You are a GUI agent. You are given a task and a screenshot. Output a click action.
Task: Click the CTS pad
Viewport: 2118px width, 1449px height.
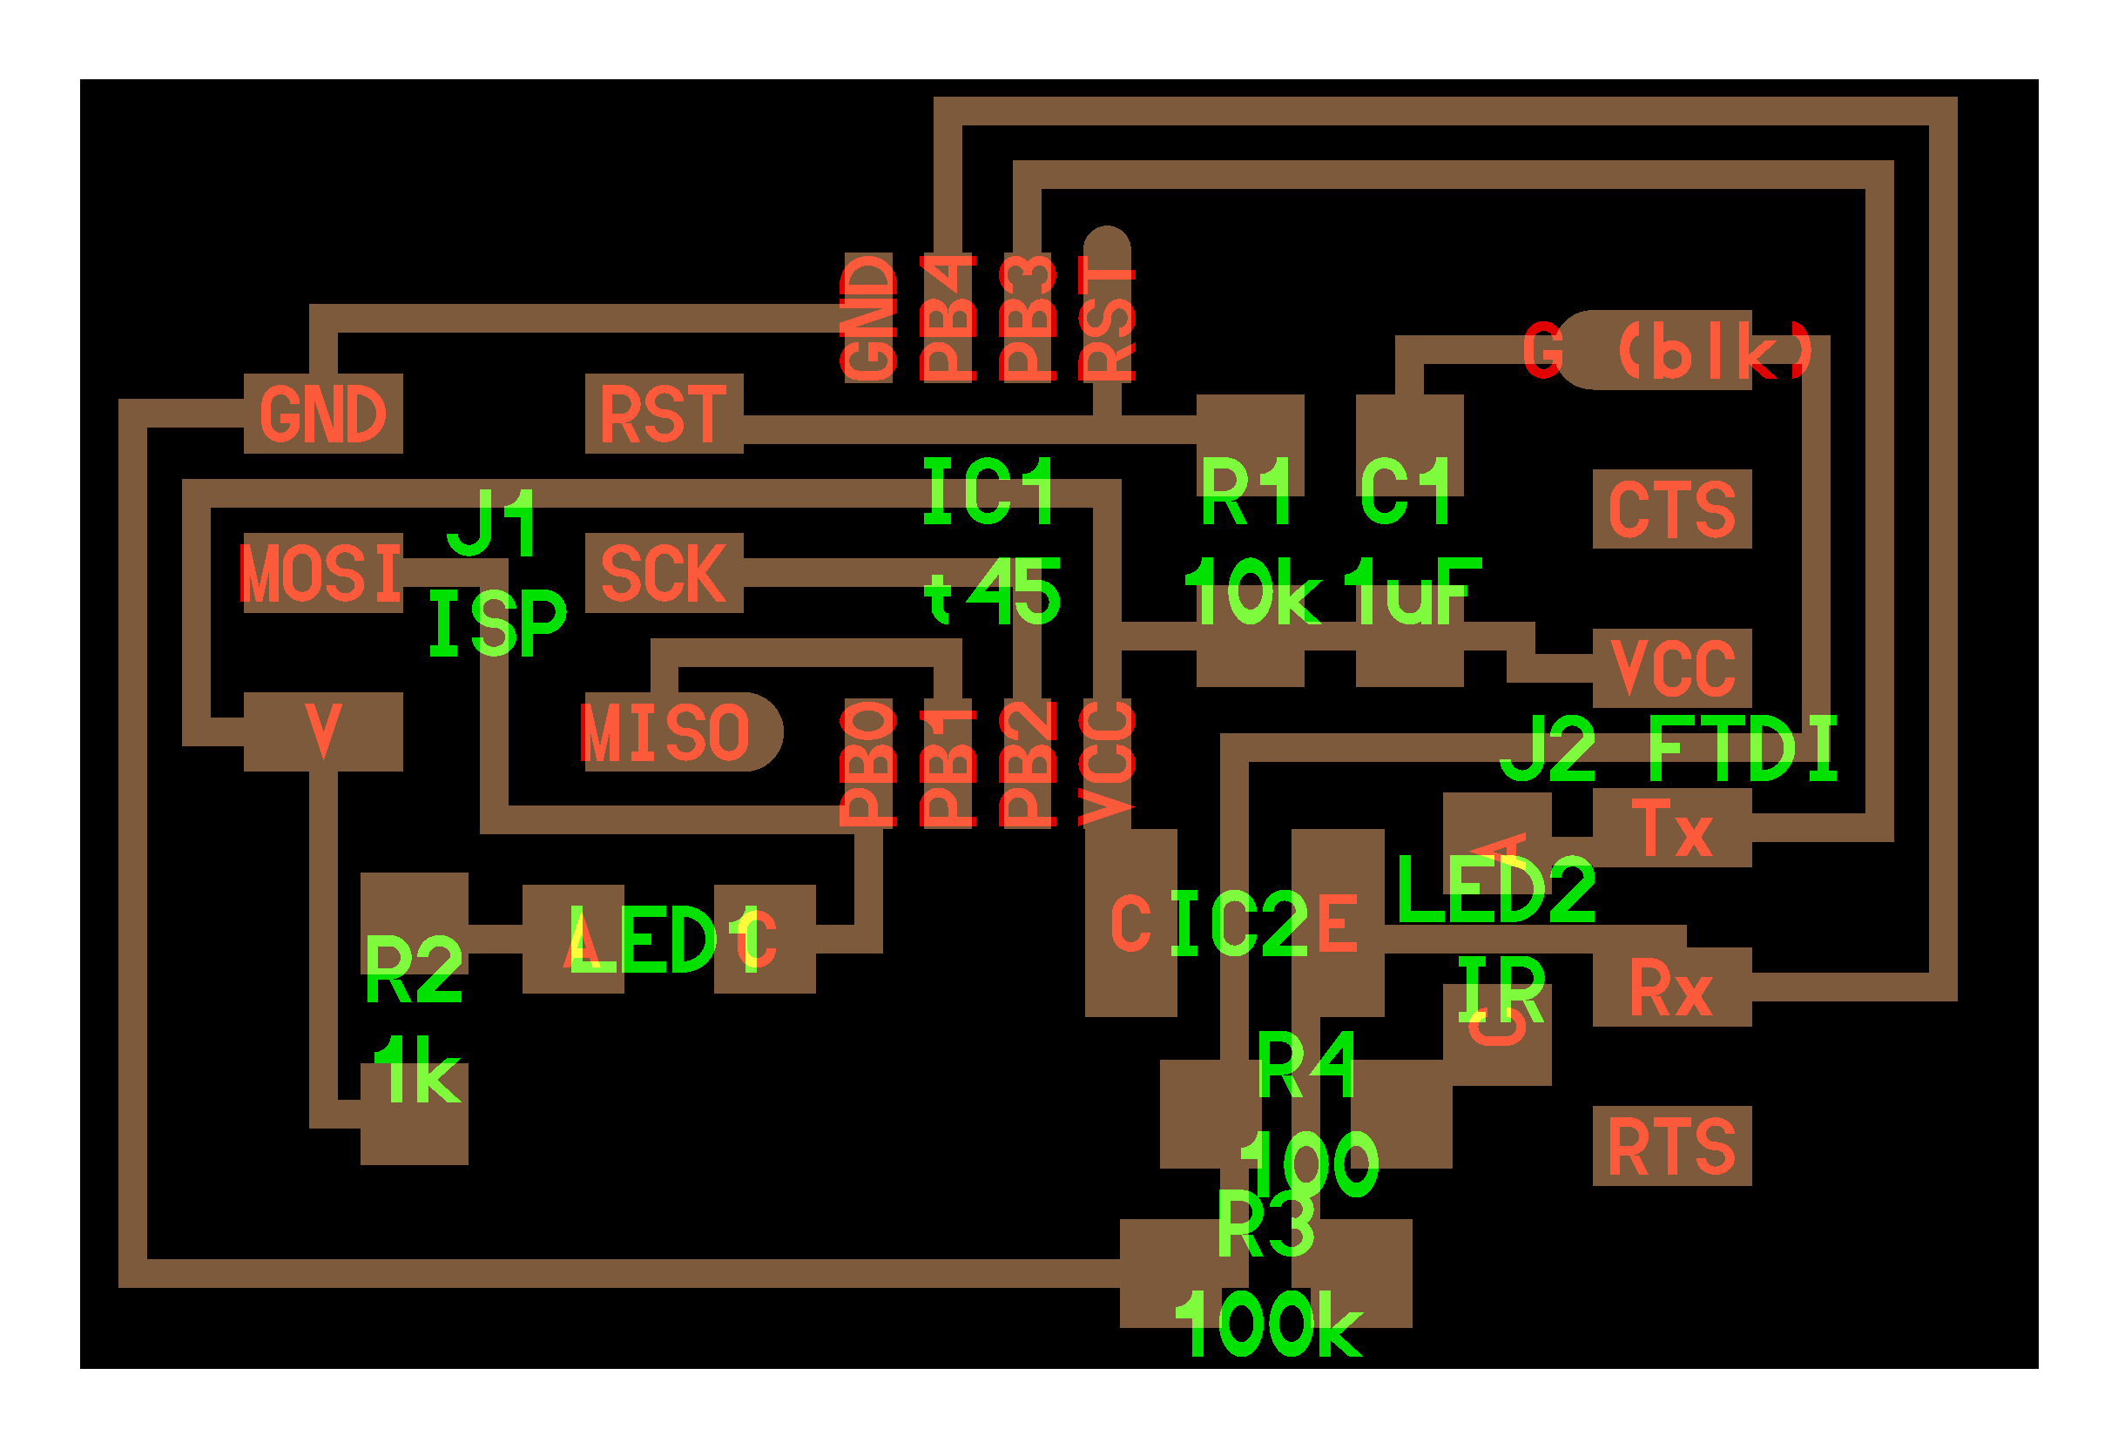tap(1671, 509)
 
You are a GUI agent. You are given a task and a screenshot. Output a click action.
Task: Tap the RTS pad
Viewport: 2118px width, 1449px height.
tap(1671, 1146)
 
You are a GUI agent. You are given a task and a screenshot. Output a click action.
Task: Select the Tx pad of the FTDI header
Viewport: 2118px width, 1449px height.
tap(1671, 827)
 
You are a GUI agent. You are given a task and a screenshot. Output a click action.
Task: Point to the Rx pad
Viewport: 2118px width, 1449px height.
tap(1671, 987)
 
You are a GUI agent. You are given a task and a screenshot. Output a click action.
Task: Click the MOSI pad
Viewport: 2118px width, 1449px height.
tap(322, 572)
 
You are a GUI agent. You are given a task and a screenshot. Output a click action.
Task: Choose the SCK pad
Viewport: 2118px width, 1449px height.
tap(664, 572)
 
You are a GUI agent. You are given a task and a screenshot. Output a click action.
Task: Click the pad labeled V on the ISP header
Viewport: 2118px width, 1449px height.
tap(322, 731)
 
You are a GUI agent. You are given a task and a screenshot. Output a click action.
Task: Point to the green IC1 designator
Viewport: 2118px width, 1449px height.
tap(988, 492)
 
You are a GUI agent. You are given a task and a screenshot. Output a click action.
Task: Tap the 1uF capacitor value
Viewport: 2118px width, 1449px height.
tap(1411, 592)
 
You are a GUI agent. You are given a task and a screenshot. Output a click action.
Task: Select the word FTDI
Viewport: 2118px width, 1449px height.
tap(1743, 749)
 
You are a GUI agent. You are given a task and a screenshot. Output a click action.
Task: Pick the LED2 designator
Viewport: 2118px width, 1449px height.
tap(1495, 889)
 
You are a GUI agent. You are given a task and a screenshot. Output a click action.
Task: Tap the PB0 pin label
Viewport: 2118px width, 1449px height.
tap(868, 764)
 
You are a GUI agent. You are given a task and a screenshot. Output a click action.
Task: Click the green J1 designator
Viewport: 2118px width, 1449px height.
tap(492, 523)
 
